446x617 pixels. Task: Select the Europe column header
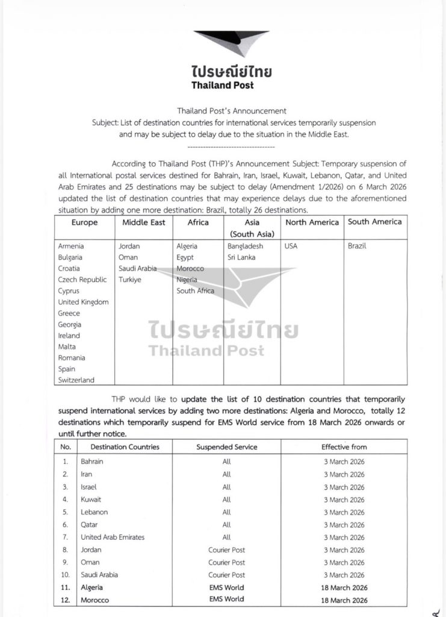point(84,222)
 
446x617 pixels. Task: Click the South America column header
point(374,222)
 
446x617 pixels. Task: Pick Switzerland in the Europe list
point(76,380)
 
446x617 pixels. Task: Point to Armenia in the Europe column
point(71,246)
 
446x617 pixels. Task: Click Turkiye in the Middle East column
point(131,280)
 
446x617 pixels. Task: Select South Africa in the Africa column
point(196,291)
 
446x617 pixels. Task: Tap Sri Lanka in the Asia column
point(242,257)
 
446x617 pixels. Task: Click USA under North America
point(291,246)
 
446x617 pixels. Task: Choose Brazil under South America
point(358,246)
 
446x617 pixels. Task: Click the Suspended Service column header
point(226,447)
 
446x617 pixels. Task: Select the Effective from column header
point(343,447)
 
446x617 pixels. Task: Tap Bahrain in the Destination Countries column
point(92,461)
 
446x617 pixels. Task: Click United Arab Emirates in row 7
point(113,537)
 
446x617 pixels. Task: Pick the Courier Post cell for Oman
point(226,562)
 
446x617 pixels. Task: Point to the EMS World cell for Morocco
point(226,600)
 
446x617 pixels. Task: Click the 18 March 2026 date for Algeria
point(343,587)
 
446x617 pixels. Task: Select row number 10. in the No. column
point(66,575)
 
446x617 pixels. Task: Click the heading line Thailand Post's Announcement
point(223,111)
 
